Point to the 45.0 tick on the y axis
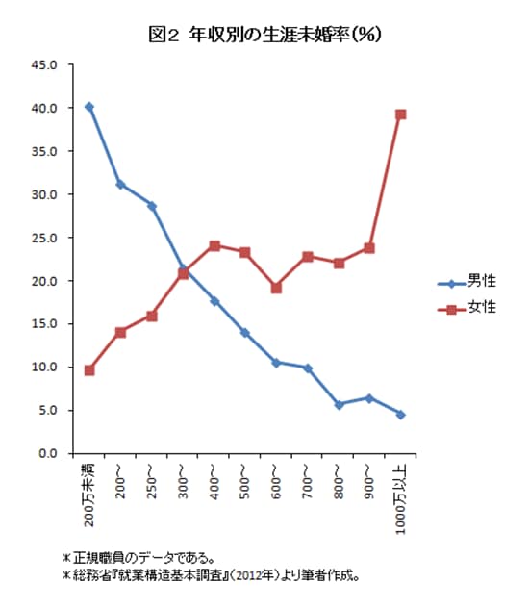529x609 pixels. click(x=46, y=65)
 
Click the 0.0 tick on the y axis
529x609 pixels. click(x=49, y=453)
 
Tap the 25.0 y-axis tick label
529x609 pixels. click(x=46, y=238)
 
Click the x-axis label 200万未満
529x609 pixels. click(x=89, y=493)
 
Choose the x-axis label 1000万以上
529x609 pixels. click(x=400, y=496)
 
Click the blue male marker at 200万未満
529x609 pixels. click(x=89, y=107)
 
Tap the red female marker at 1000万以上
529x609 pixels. click(x=400, y=114)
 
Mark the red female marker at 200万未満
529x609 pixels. click(x=89, y=370)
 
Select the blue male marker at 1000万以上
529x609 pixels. click(x=400, y=415)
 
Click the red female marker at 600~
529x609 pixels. click(x=276, y=288)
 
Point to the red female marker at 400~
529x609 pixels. click(x=214, y=245)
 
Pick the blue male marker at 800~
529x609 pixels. click(x=339, y=405)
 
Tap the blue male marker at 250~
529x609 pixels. click(x=152, y=206)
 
